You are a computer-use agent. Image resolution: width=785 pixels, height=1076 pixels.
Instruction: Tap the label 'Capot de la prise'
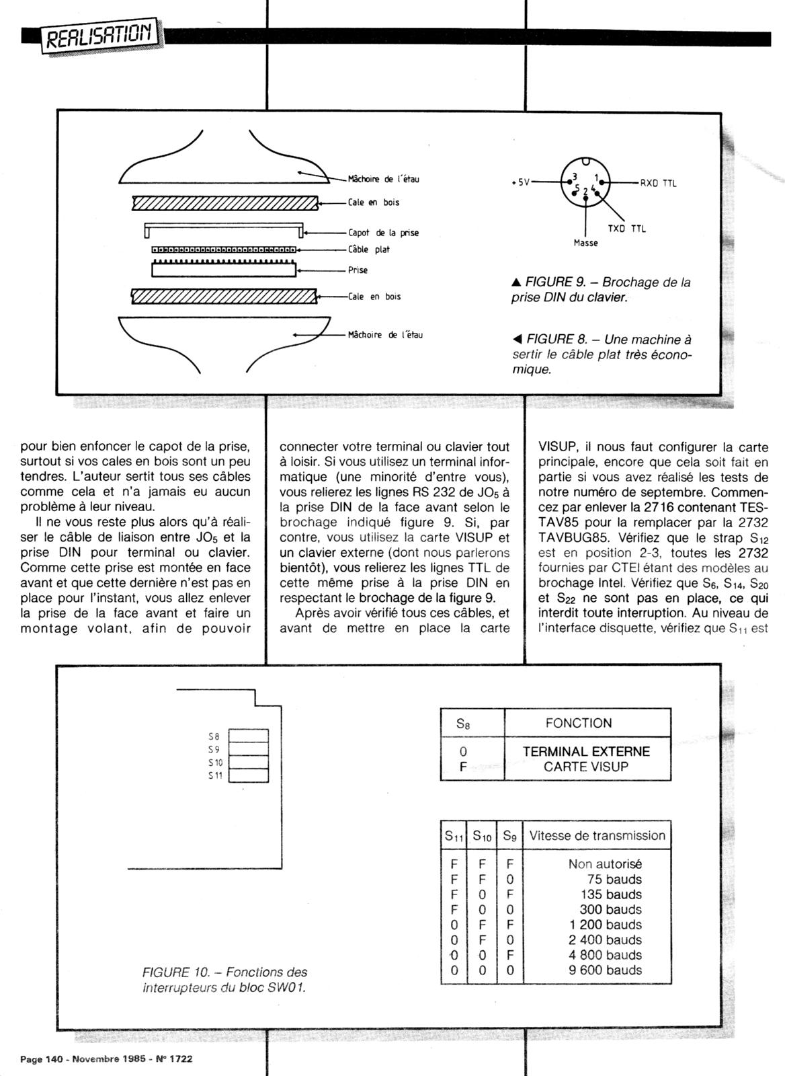383,233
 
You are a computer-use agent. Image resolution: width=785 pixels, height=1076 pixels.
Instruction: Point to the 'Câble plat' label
369,249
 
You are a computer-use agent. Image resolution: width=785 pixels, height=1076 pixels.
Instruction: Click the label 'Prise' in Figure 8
358,270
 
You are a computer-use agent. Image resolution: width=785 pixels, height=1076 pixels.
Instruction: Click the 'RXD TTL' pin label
658,183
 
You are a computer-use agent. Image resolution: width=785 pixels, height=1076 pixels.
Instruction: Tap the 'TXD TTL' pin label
626,229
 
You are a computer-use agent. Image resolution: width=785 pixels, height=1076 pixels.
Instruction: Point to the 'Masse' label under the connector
585,243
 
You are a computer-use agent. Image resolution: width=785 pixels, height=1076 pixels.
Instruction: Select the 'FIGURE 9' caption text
601,289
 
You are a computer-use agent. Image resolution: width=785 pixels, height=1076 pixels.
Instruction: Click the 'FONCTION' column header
579,724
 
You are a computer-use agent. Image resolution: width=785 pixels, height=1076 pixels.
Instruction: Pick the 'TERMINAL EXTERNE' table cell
586,752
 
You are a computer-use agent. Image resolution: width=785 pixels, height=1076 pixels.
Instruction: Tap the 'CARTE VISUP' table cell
586,767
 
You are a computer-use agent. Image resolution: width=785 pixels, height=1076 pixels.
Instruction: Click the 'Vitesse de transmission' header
597,836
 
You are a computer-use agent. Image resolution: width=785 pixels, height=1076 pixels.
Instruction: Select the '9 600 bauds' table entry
605,970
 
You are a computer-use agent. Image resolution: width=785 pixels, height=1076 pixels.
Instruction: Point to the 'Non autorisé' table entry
605,864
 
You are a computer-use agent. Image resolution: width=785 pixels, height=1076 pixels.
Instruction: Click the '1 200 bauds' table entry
605,925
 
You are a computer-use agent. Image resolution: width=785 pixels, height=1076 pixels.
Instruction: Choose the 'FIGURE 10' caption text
224,980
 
